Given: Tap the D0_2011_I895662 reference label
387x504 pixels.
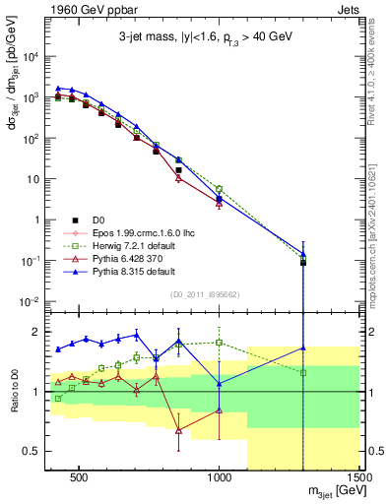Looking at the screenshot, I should (205, 293).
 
